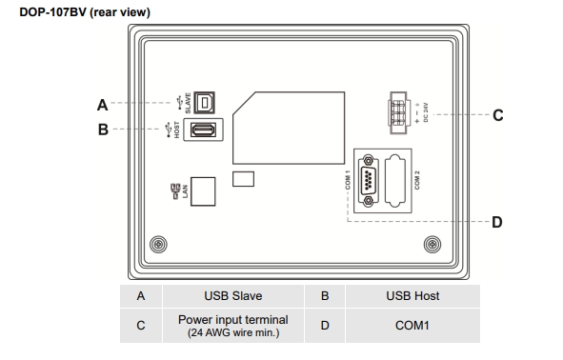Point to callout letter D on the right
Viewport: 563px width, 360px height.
[496, 222]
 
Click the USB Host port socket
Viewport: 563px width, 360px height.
[202, 130]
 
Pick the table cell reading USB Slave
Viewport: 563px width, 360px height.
[232, 296]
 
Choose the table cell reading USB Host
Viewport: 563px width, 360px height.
[412, 296]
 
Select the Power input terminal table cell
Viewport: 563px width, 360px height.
[232, 326]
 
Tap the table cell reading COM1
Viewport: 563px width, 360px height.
[412, 326]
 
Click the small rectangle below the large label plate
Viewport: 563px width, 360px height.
[244, 179]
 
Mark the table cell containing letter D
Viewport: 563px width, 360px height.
[325, 326]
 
